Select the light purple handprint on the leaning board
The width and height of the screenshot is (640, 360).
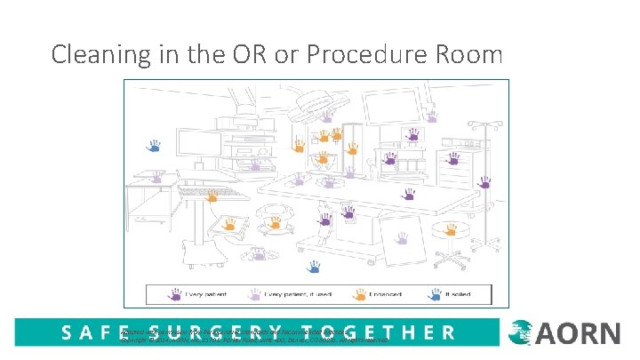tap(403, 238)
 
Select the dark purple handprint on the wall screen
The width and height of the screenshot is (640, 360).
tap(412, 133)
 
